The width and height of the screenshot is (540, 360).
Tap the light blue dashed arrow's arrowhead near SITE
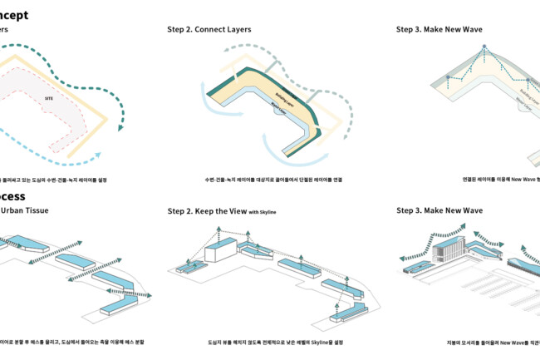point(99,154)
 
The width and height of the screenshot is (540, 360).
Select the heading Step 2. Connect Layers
point(209,29)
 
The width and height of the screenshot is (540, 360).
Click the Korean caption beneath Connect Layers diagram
point(263,179)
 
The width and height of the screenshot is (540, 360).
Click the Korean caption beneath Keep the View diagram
point(263,342)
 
